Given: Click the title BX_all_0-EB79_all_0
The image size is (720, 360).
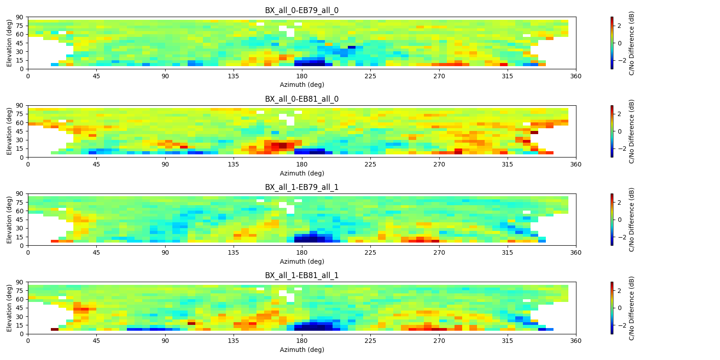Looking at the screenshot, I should tap(301, 10).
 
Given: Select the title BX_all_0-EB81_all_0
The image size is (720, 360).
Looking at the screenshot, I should tap(301, 99).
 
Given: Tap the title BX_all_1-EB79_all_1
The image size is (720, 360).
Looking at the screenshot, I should tap(301, 187).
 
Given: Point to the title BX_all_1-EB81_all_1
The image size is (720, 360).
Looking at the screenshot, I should tap(301, 275).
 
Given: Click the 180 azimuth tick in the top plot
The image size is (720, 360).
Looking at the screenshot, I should tap(302, 76).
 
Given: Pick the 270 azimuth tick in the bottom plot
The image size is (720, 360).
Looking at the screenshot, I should tap(439, 341).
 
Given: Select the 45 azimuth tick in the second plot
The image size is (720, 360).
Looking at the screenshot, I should tap(96, 164).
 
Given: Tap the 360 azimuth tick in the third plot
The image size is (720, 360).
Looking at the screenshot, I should tap(576, 252).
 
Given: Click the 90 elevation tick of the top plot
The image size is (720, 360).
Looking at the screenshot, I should tap(20, 17).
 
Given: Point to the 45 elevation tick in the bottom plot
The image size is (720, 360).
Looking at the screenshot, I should tap(20, 308).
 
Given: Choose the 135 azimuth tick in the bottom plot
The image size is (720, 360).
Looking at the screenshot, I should tap(234, 341).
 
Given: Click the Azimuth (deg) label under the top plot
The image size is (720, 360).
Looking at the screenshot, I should tap(302, 85).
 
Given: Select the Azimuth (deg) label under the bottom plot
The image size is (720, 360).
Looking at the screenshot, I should tap(302, 350).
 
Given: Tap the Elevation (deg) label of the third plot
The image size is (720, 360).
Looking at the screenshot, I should tap(9, 220).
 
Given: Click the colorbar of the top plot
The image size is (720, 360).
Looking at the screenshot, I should tap(612, 43).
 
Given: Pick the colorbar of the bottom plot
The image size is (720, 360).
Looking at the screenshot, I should tap(612, 308).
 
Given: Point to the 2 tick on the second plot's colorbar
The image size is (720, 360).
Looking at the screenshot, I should tap(619, 114).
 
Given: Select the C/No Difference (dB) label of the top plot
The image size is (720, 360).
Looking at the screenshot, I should tap(631, 43).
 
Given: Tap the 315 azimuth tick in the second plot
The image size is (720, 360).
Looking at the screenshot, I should tap(507, 164).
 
